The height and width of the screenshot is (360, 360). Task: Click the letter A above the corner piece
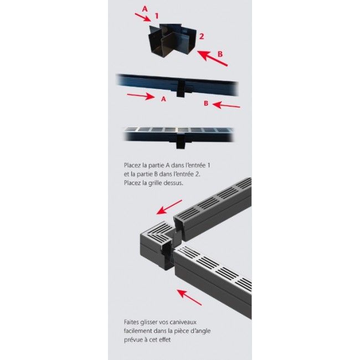point(145,9)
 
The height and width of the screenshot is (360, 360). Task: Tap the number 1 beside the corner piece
point(157,17)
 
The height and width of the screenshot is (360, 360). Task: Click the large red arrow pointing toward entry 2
point(213,59)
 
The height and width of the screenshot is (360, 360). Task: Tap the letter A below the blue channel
point(163,100)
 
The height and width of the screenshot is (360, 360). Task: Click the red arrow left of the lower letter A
point(141,97)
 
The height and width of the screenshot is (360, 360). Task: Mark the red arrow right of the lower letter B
point(227,105)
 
